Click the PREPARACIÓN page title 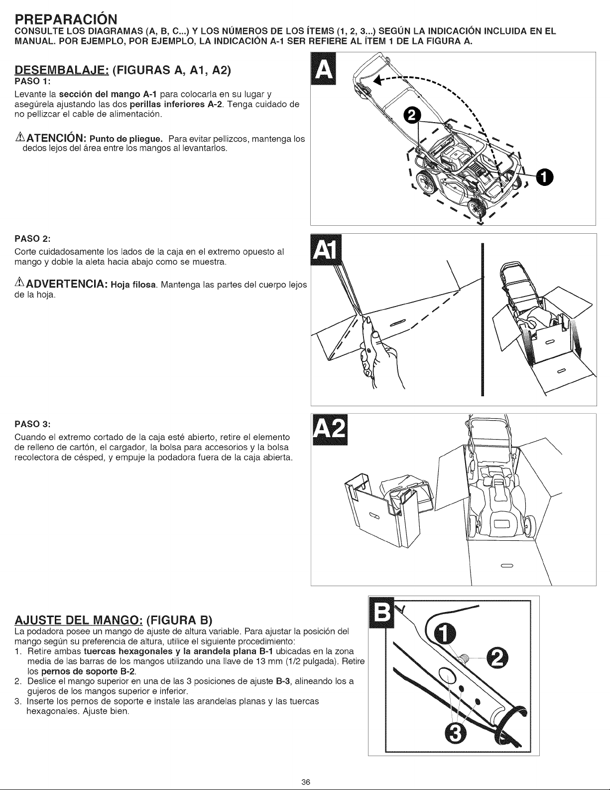pos(66,19)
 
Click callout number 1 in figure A pos(544,177)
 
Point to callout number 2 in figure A pos(411,116)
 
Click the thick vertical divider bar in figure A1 pos(482,319)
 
